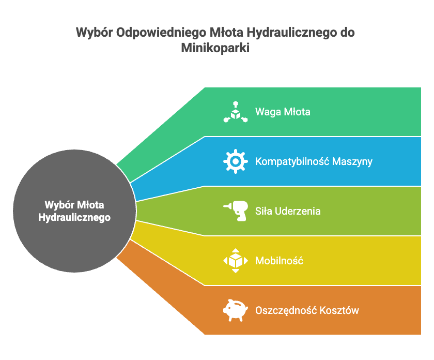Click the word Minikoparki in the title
pyautogui.click(x=216, y=48)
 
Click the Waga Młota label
pyautogui.click(x=283, y=112)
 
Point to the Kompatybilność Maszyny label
pyautogui.click(x=314, y=161)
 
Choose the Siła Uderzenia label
pyautogui.click(x=288, y=211)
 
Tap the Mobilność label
pyautogui.click(x=279, y=261)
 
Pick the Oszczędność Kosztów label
pyautogui.click(x=307, y=310)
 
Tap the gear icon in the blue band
pyautogui.click(x=235, y=161)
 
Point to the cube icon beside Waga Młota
pyautogui.click(x=235, y=112)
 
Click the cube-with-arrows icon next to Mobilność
pyautogui.click(x=235, y=261)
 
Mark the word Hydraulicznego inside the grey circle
pyautogui.click(x=74, y=217)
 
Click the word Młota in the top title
pyautogui.click(x=226, y=33)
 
